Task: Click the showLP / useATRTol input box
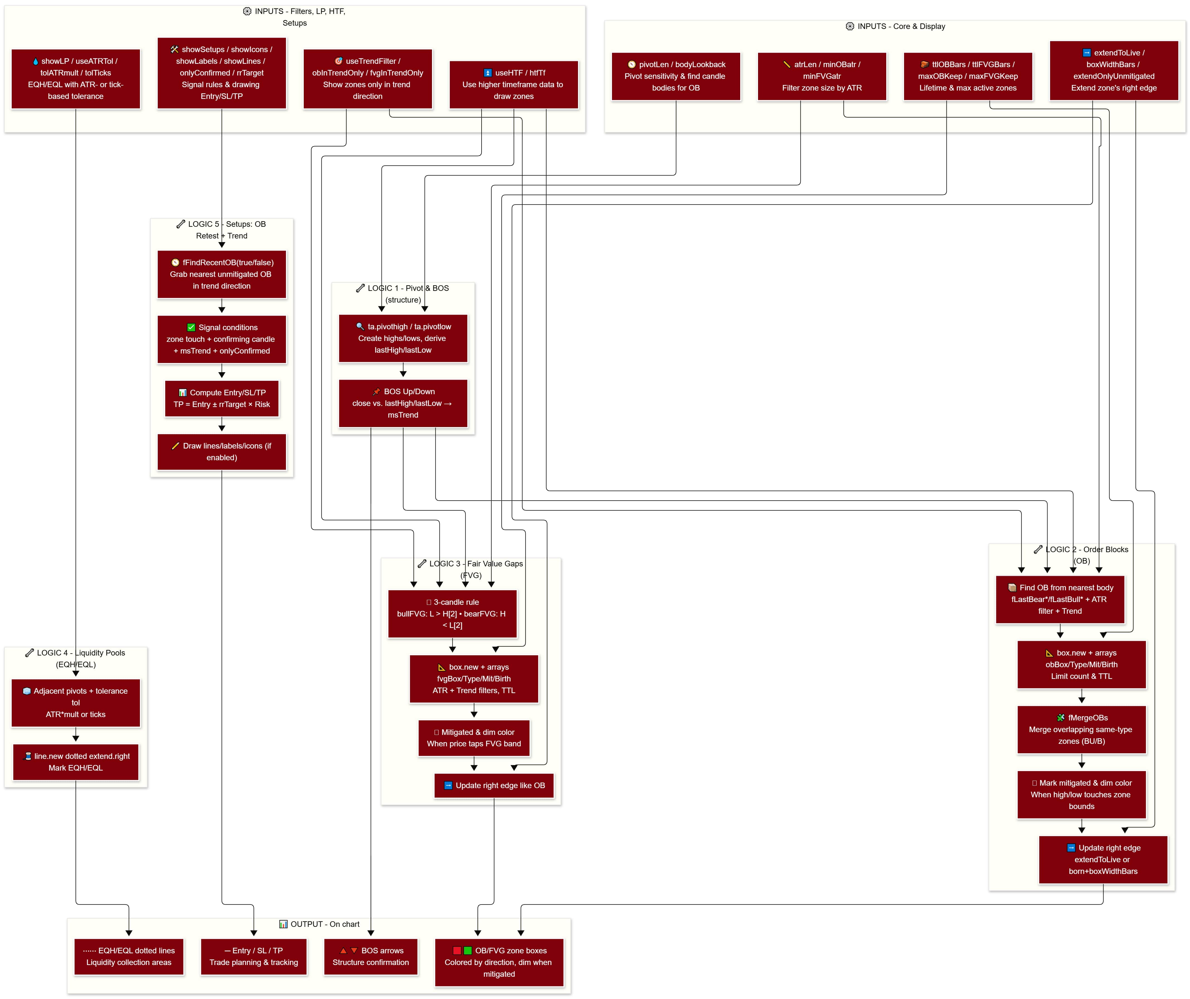coord(75,79)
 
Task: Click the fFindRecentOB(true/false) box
coord(222,274)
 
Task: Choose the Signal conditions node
coord(222,339)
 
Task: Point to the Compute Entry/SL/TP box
coord(222,398)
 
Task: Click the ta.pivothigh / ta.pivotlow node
coord(403,338)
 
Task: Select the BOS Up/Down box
coord(403,403)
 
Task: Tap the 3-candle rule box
coord(452,614)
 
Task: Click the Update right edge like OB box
coord(494,786)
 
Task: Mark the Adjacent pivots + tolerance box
coord(75,703)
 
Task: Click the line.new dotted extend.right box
coord(75,762)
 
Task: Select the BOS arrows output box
coord(371,957)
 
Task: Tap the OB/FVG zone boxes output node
coord(499,962)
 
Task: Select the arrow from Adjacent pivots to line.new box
coord(75,735)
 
